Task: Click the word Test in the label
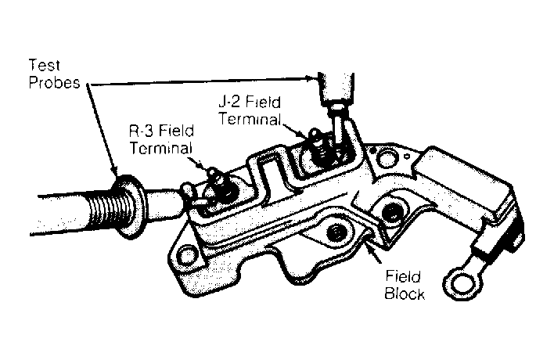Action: click(44, 66)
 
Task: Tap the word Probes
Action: click(55, 83)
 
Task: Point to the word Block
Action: click(405, 293)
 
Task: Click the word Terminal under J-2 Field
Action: click(250, 119)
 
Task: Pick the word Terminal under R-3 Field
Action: click(161, 148)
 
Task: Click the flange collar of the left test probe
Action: click(128, 207)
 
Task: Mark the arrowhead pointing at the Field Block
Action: click(370, 244)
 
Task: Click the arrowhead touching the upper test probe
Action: click(310, 78)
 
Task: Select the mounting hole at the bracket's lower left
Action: click(186, 255)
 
